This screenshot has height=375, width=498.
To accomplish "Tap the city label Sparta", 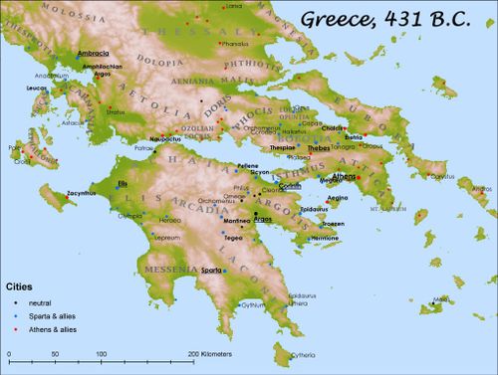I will pyautogui.click(x=211, y=270).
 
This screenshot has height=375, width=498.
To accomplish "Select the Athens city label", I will pyautogui.click(x=344, y=176).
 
